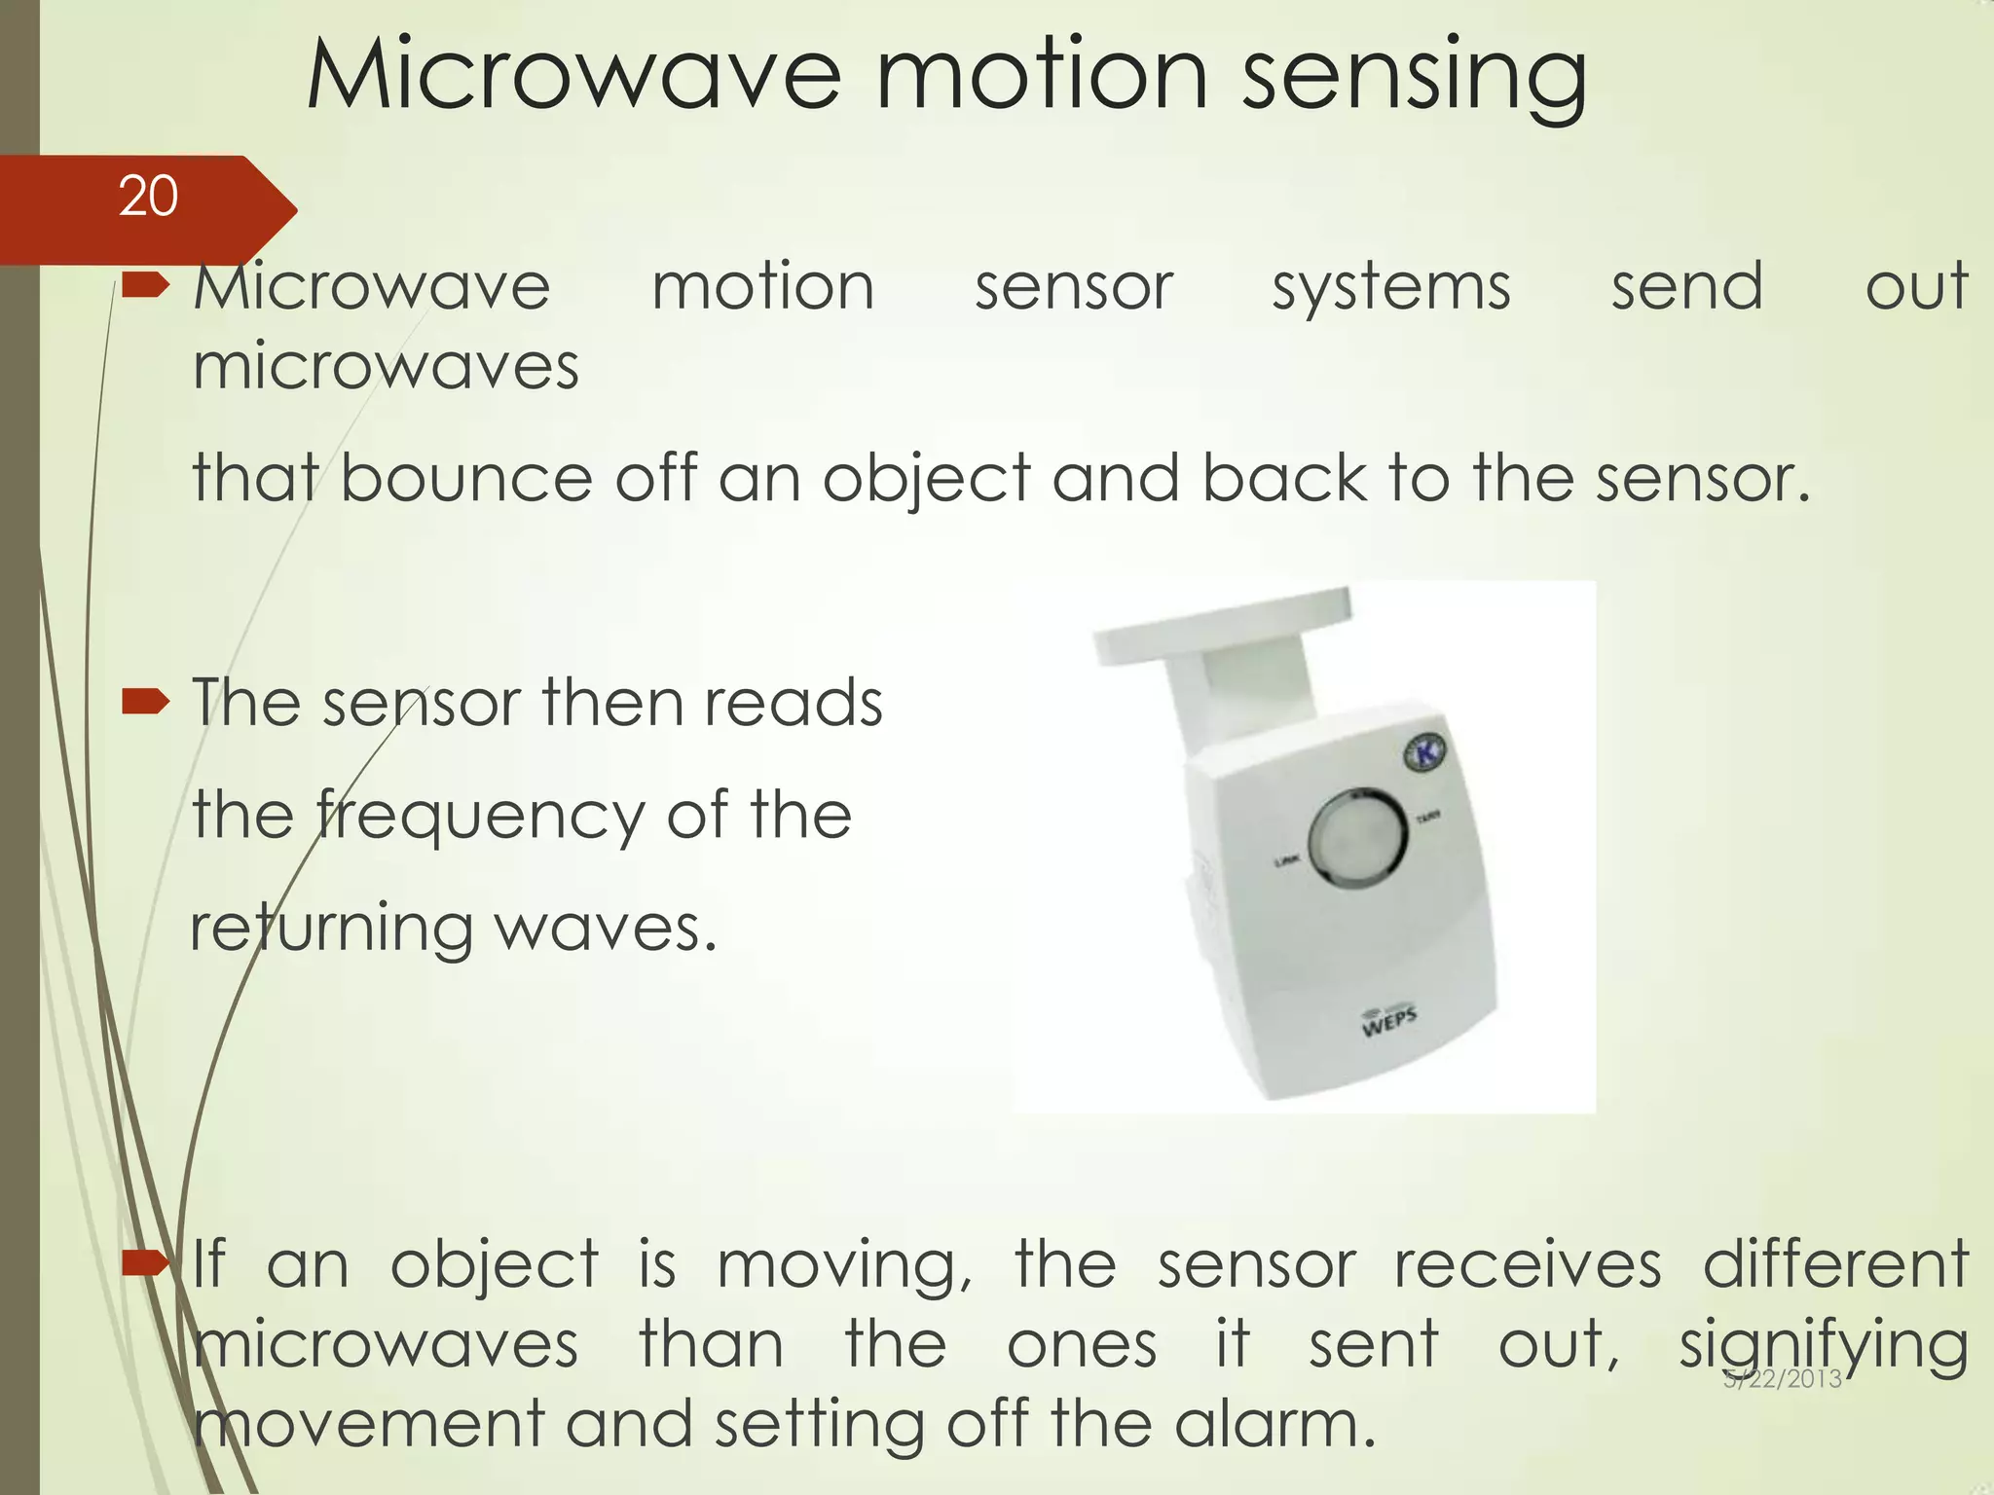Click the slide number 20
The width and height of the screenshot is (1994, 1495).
point(148,197)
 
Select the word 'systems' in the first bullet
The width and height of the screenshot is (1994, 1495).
point(1391,288)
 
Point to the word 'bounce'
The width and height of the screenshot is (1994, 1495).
point(465,479)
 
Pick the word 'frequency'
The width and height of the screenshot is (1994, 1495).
point(480,816)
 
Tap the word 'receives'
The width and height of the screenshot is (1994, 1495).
point(1527,1265)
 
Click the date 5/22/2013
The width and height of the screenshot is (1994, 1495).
point(1783,1378)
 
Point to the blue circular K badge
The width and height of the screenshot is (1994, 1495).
point(1426,752)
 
